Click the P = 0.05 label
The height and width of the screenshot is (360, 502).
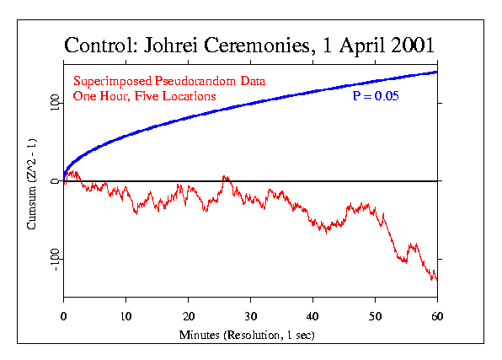pyautogui.click(x=375, y=96)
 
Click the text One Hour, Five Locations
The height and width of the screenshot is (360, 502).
pyautogui.click(x=144, y=96)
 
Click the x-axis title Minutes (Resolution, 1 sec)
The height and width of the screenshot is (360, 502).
pyautogui.click(x=250, y=335)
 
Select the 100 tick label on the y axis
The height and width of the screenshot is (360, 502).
pyautogui.click(x=52, y=103)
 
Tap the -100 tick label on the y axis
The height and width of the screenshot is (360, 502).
pyautogui.click(x=52, y=260)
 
